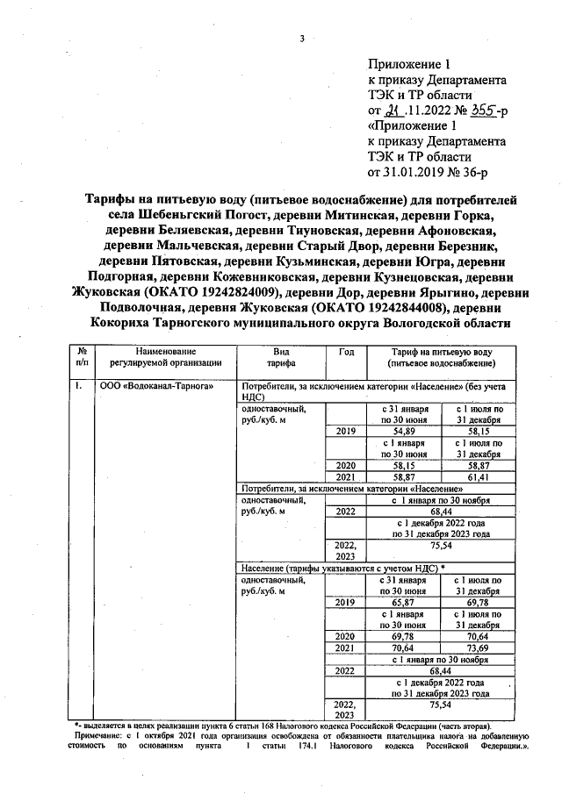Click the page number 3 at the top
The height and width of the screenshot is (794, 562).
tap(301, 38)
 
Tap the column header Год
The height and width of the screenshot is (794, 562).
tap(345, 350)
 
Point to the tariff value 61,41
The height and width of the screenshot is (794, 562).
tap(479, 476)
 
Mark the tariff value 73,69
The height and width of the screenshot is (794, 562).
tap(479, 647)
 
